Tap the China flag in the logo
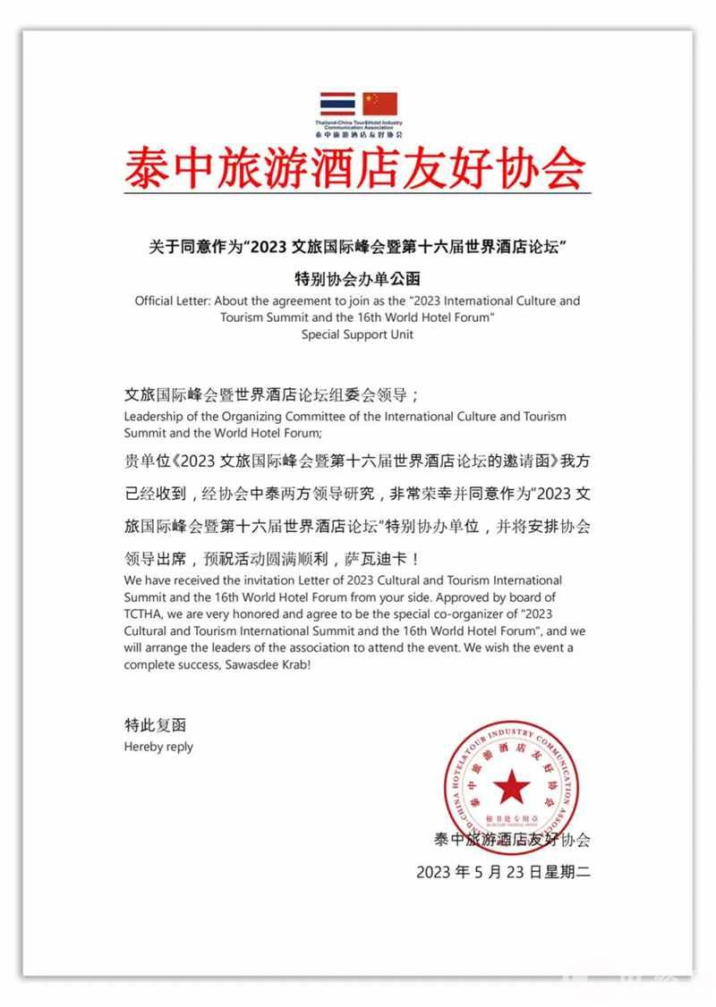380,104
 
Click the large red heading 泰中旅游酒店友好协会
356,167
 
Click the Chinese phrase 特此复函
156,725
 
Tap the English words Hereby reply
158,746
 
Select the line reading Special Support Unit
357,334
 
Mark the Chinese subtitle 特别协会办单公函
357,277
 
